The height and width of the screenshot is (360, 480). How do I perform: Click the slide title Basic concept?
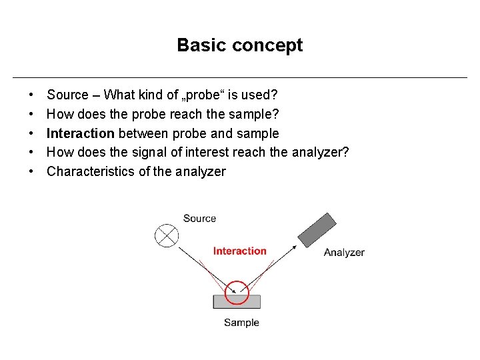tap(239, 45)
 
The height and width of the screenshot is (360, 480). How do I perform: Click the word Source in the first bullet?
tap(67, 95)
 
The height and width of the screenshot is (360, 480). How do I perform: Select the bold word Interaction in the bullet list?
tap(81, 133)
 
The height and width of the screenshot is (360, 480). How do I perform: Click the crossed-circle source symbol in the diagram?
tap(166, 235)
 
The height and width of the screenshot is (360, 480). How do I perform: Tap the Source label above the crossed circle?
tap(199, 219)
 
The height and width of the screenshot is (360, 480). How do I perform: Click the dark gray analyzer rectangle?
tap(317, 230)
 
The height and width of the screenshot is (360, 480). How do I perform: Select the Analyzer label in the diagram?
tap(344, 253)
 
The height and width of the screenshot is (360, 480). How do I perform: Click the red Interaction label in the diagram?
tap(239, 251)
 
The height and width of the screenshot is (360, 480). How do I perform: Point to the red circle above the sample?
tap(236, 292)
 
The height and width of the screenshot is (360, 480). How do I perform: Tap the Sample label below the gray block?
tap(241, 323)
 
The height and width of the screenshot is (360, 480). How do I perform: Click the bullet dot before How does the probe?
tap(32, 115)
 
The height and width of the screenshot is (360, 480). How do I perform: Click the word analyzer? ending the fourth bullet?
tap(320, 153)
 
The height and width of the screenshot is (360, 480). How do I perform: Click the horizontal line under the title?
tap(240, 77)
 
